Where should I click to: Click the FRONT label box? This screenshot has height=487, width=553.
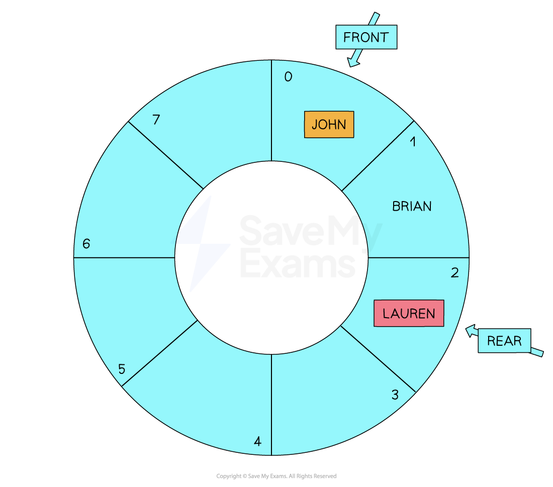[366, 37]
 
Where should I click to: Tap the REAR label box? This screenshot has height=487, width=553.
[504, 341]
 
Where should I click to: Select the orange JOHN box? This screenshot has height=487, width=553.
[329, 125]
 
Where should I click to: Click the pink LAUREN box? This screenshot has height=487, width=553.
[409, 313]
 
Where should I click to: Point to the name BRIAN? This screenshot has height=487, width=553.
[412, 206]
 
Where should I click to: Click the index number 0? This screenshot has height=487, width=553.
[288, 76]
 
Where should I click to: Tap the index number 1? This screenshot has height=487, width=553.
[413, 142]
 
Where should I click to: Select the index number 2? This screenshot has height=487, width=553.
[454, 272]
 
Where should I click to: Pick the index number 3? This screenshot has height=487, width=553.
[395, 395]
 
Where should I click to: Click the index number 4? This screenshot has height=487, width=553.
[257, 441]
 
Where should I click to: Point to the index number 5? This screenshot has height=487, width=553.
[122, 369]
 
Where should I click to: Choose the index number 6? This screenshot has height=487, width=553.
[86, 244]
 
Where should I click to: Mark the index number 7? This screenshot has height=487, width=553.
[156, 120]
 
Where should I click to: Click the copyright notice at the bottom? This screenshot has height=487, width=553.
[276, 476]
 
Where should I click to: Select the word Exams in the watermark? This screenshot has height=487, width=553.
[298, 263]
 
